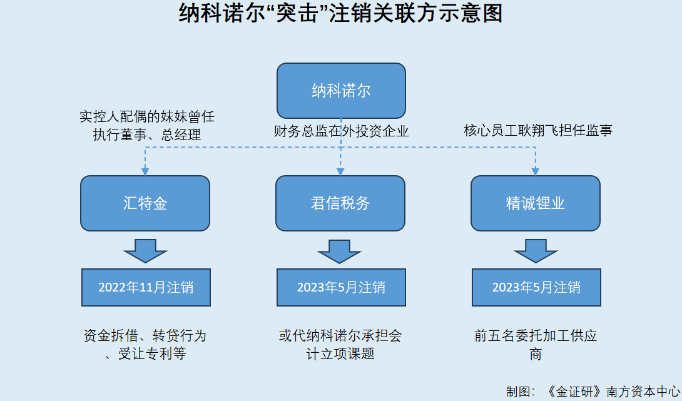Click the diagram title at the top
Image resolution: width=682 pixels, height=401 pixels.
click(341, 13)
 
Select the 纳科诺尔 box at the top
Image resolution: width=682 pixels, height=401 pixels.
click(341, 91)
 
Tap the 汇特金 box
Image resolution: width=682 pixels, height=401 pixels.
click(145, 203)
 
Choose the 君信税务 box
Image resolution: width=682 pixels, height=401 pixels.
click(340, 203)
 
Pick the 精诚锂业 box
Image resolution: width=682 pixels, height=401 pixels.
click(536, 203)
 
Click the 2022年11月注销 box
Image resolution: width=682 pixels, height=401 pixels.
click(146, 287)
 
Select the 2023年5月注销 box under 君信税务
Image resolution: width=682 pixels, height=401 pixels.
click(341, 287)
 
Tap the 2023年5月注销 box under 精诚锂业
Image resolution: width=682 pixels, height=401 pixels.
click(536, 287)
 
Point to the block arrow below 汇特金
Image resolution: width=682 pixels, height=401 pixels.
click(145, 251)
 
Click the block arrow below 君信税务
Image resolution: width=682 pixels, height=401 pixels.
click(339, 251)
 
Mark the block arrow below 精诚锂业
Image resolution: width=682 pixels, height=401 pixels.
click(536, 251)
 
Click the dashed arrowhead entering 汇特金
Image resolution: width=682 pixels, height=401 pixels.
click(145, 172)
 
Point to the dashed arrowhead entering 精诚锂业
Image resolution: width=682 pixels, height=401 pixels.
click(536, 172)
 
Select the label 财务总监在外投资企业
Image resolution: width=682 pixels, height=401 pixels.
click(341, 131)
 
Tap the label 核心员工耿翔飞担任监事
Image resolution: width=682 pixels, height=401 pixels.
click(538, 130)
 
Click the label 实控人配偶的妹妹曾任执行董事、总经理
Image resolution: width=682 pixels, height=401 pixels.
click(147, 125)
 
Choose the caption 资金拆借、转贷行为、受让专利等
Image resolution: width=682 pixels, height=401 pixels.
click(145, 345)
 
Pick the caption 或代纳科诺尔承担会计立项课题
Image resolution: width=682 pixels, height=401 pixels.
click(340, 345)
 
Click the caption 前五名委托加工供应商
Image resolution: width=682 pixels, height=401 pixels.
click(536, 345)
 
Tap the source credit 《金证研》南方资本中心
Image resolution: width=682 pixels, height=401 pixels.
click(611, 392)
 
